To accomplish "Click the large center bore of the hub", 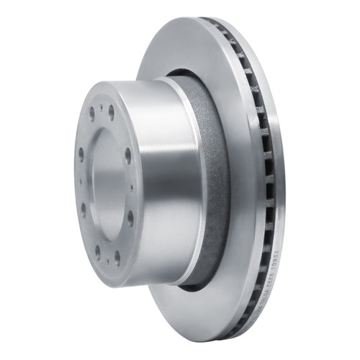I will pyautogui.click(x=106, y=183).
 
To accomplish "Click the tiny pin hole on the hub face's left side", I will pyautogui.click(x=80, y=180).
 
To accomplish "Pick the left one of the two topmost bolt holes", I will pyautogui.click(x=92, y=113).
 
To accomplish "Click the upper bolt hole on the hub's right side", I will pyautogui.click(x=127, y=155).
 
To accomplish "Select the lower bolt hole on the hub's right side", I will pyautogui.click(x=130, y=217).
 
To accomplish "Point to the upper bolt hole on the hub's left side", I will pyautogui.click(x=81, y=153).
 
